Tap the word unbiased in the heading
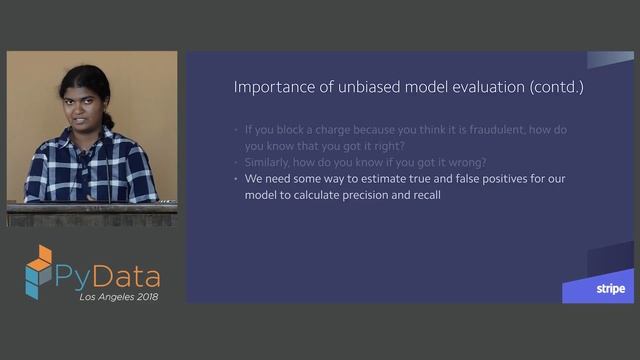click(x=351, y=87)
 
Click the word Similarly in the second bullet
click(x=268, y=162)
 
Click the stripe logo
click(x=610, y=289)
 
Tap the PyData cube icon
click(x=39, y=271)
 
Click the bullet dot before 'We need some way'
click(x=236, y=179)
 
